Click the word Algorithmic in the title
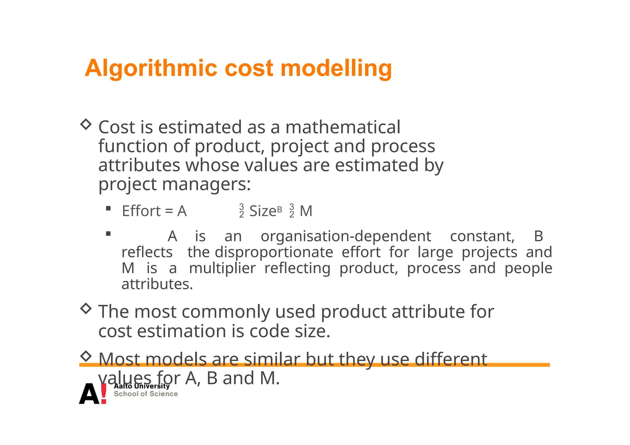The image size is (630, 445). (151, 68)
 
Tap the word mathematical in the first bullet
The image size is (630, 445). (343, 127)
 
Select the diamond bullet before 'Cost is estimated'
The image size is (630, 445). (86, 124)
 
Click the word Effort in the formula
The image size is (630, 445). (141, 211)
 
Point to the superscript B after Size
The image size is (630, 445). (279, 209)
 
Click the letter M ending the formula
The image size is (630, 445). (306, 211)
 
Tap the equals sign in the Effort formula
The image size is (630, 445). (169, 211)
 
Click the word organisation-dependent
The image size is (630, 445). (346, 236)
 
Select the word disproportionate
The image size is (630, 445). (274, 252)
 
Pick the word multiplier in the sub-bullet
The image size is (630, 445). (222, 268)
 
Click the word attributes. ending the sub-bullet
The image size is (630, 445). (157, 284)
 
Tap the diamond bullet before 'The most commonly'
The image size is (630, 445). (86, 308)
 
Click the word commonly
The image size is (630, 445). (225, 312)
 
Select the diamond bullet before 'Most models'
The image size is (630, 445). (86, 356)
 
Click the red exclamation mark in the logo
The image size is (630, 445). (104, 393)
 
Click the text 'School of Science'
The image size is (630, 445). (146, 394)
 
